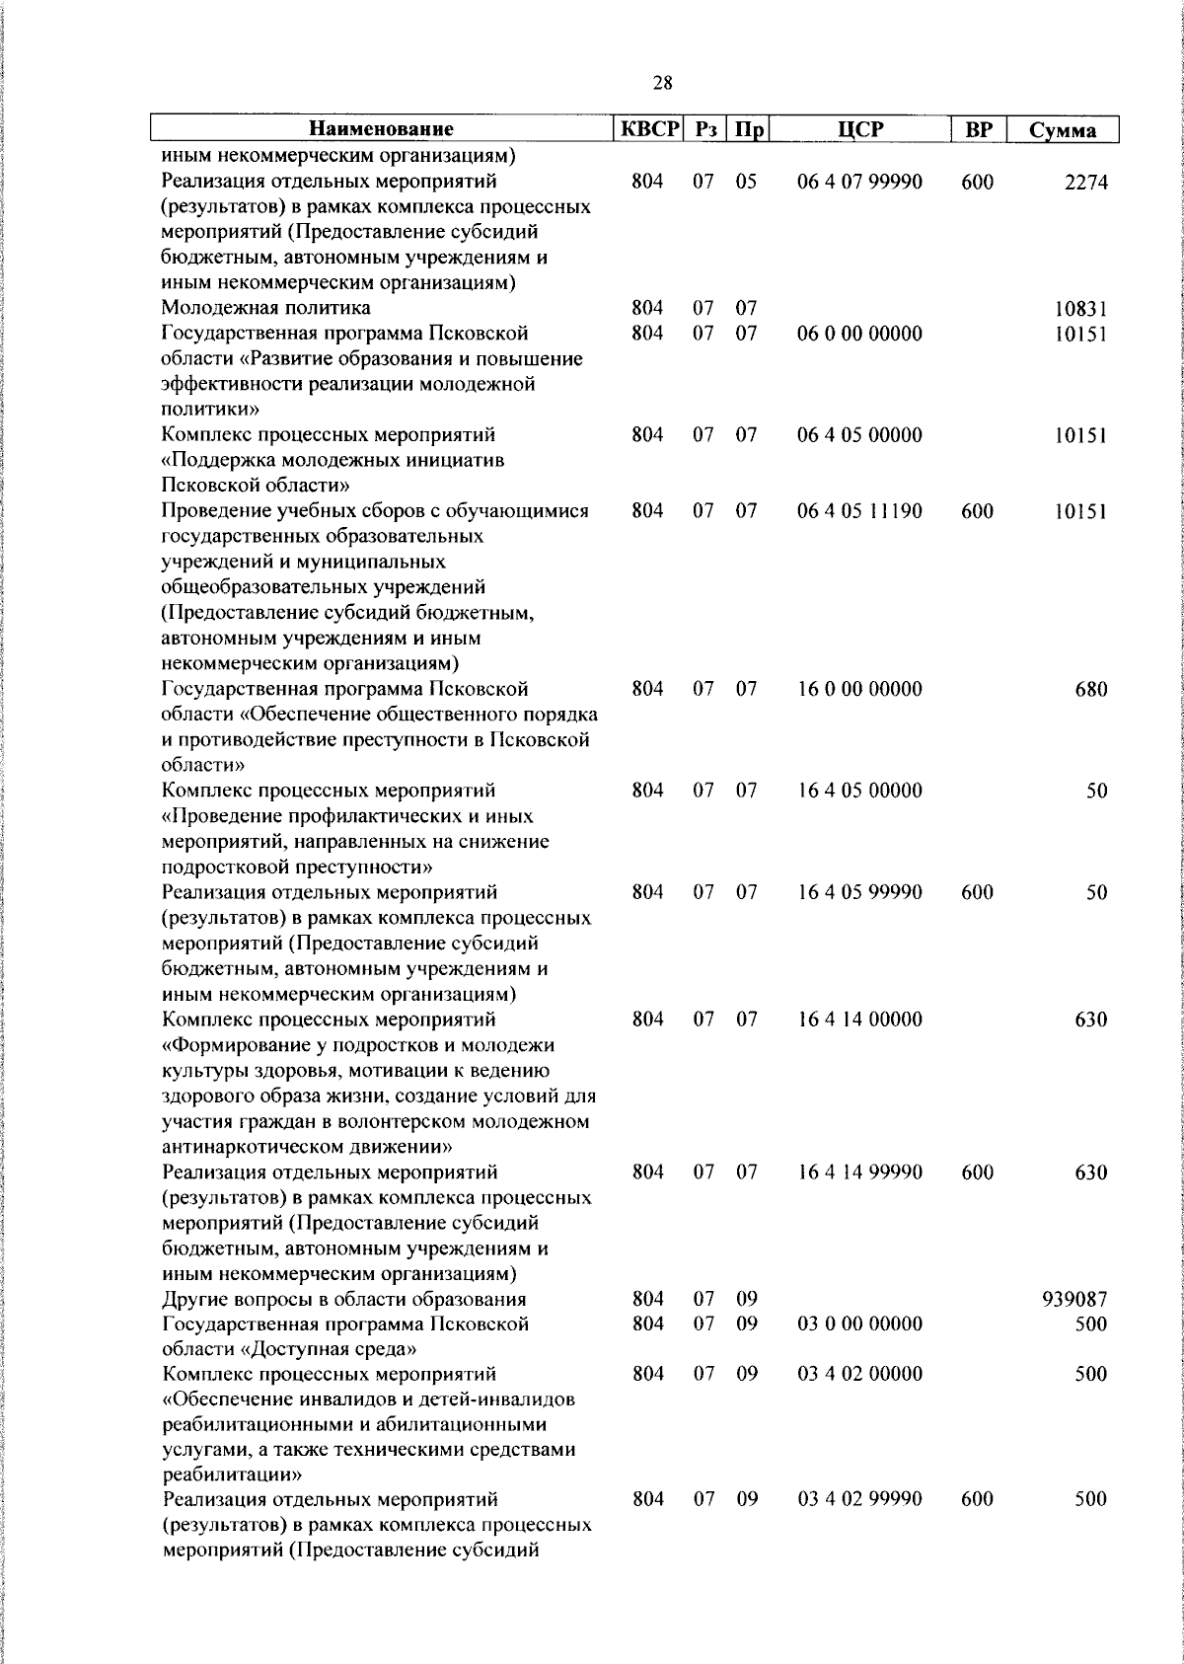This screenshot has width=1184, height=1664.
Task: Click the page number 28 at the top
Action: point(662,84)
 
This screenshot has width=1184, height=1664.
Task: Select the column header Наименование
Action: point(381,129)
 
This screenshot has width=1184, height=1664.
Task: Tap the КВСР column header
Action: point(648,129)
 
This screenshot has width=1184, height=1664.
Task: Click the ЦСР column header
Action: point(859,129)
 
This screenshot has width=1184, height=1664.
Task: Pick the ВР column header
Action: point(977,129)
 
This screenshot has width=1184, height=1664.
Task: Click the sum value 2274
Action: point(1085,183)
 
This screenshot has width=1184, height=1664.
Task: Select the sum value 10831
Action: point(1080,309)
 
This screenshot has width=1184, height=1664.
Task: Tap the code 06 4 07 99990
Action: point(859,182)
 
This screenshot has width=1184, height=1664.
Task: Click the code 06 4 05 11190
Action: point(859,511)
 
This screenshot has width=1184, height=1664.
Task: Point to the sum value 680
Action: point(1090,690)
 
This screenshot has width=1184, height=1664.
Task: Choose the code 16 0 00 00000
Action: point(859,689)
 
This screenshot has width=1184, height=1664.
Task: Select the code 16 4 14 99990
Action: point(859,1172)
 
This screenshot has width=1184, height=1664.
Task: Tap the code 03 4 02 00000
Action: point(859,1375)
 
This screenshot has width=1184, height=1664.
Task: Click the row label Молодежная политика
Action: point(266,309)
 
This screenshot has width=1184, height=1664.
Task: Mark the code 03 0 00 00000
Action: point(859,1324)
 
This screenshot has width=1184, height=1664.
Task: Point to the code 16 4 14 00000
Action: point(859,1020)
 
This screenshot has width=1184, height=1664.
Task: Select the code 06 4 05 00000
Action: point(859,435)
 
